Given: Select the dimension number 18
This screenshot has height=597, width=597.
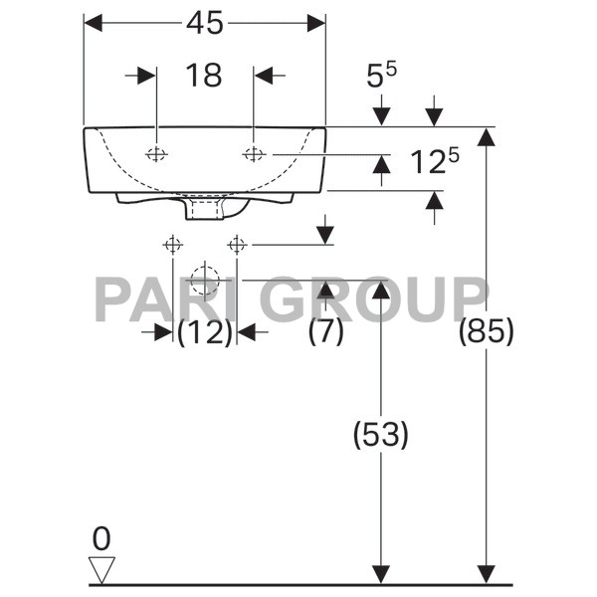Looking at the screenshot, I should (204, 75).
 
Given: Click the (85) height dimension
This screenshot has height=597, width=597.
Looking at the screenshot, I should (486, 331).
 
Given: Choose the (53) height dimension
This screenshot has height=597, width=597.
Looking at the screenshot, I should (380, 434).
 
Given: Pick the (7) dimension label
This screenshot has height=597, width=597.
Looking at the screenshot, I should (325, 331).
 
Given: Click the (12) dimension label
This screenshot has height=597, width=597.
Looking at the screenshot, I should (205, 331).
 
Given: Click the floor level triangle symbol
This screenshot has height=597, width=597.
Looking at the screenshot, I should (101, 569).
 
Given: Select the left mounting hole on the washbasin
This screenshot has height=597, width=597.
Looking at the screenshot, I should (156, 153).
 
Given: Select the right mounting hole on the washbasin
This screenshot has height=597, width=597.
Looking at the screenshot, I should (254, 153).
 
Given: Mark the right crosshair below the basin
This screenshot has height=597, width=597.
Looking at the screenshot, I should (237, 244).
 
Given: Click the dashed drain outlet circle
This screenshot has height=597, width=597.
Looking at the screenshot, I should (204, 280).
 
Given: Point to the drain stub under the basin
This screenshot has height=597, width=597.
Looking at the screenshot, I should (206, 210).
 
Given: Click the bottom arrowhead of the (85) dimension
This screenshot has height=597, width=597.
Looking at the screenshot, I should (486, 575).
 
